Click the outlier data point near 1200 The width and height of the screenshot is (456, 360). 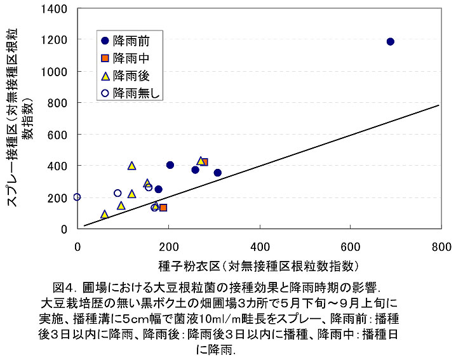tap(390, 42)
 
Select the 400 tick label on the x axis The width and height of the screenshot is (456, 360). tap(258, 246)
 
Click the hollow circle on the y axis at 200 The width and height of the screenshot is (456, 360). tap(77, 197)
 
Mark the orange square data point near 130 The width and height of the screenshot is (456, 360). tap(163, 208)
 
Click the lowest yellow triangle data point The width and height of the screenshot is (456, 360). tap(105, 215)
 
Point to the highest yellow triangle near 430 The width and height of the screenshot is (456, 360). tap(201, 161)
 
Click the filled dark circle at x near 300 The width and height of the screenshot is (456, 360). tap(217, 173)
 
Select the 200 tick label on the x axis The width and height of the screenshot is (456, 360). tap(168, 246)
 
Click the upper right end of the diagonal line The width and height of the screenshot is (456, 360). tap(439, 105)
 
